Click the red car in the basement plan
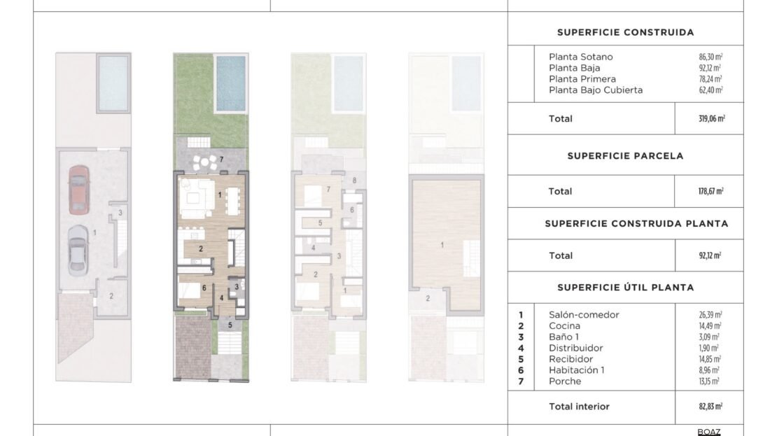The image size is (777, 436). (79, 190)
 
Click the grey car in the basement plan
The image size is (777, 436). (77, 251)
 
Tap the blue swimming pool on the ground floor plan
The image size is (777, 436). (231, 83)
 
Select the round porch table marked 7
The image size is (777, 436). (204, 162)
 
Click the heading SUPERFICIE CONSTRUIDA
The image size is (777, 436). (625, 33)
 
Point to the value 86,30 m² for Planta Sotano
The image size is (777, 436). (710, 57)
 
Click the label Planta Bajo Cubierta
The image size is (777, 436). (596, 90)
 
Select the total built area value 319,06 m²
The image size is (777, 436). (712, 119)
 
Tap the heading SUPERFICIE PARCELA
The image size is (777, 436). (625, 156)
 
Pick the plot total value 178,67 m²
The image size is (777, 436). (711, 191)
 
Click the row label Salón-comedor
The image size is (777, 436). (584, 315)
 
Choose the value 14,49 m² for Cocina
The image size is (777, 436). (710, 326)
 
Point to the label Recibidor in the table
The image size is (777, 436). (571, 359)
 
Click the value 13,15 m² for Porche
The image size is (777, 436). (709, 381)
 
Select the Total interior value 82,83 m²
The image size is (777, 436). (710, 407)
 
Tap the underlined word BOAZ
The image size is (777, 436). (709, 432)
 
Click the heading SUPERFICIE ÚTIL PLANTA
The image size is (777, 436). (625, 288)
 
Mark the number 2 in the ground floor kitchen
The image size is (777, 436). (201, 248)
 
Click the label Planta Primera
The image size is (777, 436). (582, 79)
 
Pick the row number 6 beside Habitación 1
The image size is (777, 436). (521, 371)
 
